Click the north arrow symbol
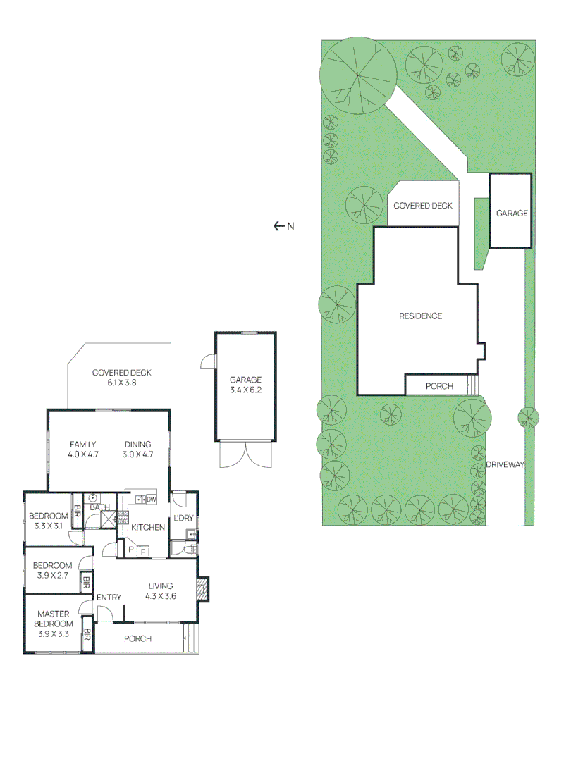pyautogui.click(x=278, y=226)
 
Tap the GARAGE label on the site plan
pyautogui.click(x=512, y=213)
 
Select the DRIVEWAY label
pyautogui.click(x=505, y=464)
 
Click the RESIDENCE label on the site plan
pyautogui.click(x=421, y=316)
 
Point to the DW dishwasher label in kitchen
pyautogui.click(x=151, y=500)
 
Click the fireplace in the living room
pyautogui.click(x=203, y=589)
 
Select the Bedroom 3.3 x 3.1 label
pyautogui.click(x=48, y=521)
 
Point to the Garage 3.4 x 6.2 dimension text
pyautogui.click(x=245, y=390)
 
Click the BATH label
pyautogui.click(x=99, y=507)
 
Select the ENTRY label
pyautogui.click(x=109, y=598)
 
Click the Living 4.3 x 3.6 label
pyautogui.click(x=161, y=590)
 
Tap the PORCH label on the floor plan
pyautogui.click(x=137, y=639)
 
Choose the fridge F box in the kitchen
pyautogui.click(x=142, y=551)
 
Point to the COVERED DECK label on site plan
pyautogui.click(x=423, y=206)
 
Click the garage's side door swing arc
pyautogui.click(x=207, y=361)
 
